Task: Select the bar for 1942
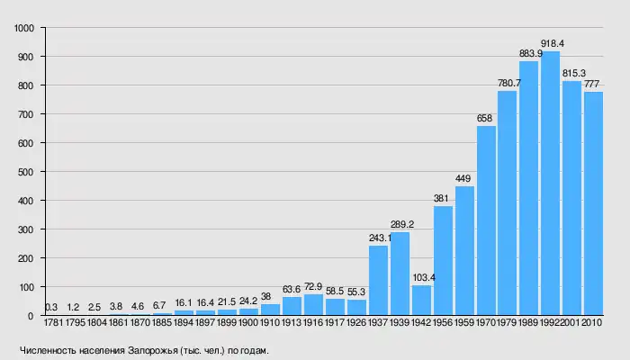click(421, 301)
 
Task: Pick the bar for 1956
click(443, 261)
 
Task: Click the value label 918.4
click(552, 43)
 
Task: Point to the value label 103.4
click(422, 278)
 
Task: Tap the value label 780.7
click(508, 83)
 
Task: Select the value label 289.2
click(400, 224)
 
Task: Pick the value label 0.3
click(51, 307)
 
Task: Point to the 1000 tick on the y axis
click(24, 28)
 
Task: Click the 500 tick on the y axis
click(27, 172)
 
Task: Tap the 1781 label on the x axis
click(52, 321)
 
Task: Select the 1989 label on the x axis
click(529, 321)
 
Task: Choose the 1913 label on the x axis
click(292, 321)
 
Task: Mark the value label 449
click(464, 178)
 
